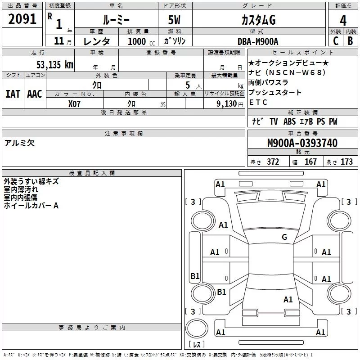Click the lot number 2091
22,19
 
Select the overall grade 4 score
343,20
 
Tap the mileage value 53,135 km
54,64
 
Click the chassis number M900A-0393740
302,143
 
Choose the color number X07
74,103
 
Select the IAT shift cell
13,94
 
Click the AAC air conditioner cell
34,94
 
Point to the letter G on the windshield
284,237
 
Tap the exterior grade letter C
335,41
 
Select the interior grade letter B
350,41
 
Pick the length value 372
273,162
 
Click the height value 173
346,162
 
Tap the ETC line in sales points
258,102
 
